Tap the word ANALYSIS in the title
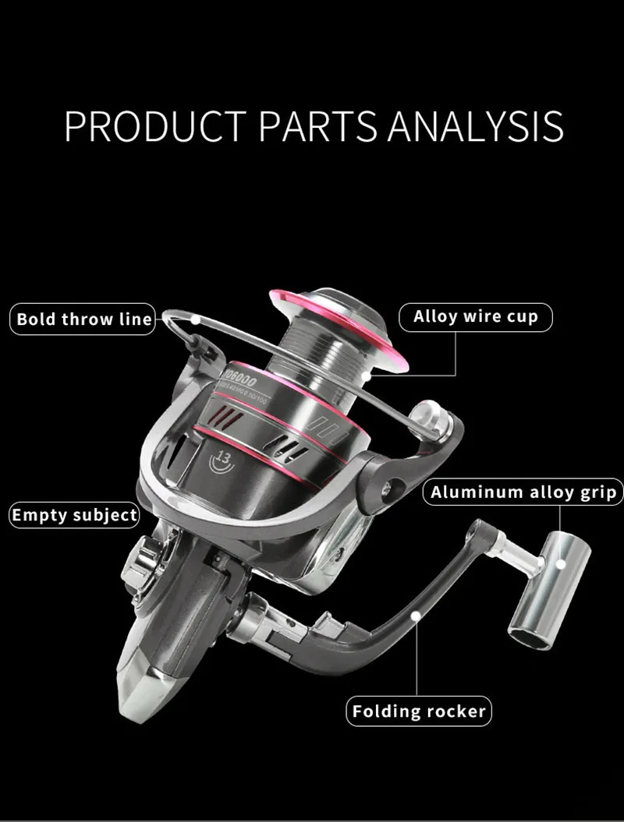[x=477, y=125]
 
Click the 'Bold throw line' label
[x=84, y=319]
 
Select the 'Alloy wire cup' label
[x=476, y=317]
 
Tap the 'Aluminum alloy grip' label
[x=523, y=492]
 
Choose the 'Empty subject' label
[x=75, y=515]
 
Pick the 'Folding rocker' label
[x=419, y=711]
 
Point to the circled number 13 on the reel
[x=223, y=459]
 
